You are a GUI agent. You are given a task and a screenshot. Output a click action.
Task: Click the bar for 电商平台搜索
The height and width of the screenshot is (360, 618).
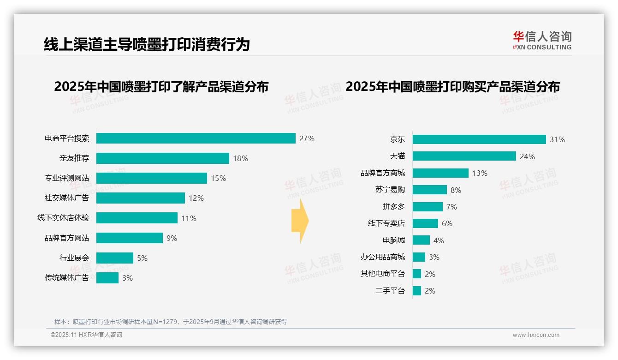(x=196, y=138)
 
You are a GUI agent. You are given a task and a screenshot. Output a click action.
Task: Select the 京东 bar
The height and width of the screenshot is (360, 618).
(x=479, y=139)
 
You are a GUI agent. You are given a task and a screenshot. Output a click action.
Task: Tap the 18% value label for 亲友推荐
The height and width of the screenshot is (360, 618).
(x=240, y=158)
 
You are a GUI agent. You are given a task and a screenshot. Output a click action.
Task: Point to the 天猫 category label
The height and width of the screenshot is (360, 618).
(x=397, y=156)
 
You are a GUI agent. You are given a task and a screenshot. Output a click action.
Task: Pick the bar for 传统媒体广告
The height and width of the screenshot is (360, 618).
(x=107, y=278)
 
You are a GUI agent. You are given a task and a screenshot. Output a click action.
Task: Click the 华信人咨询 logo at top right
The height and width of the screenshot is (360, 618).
(x=542, y=40)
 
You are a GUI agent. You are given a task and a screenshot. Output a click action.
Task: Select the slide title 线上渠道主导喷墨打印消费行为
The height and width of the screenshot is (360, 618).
(x=147, y=44)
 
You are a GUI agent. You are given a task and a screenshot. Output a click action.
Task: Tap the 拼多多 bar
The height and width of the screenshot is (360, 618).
(x=428, y=207)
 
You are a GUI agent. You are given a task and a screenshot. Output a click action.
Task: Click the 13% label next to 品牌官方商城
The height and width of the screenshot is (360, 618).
(x=480, y=173)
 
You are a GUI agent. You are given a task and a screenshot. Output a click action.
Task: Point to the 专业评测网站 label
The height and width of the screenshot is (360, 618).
(x=67, y=178)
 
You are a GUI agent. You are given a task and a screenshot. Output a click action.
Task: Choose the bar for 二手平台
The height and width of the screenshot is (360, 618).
(x=417, y=291)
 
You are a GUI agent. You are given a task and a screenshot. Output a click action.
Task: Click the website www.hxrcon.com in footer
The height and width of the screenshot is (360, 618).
(x=535, y=335)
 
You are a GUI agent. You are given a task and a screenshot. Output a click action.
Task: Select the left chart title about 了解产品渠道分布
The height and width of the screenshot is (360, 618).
(x=161, y=87)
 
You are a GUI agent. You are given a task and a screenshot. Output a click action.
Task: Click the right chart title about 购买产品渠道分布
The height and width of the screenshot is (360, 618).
(x=452, y=87)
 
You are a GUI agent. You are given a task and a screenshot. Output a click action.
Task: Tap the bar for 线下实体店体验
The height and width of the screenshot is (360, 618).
(x=137, y=218)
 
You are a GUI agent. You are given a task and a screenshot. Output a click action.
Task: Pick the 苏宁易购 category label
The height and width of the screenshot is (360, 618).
(x=390, y=190)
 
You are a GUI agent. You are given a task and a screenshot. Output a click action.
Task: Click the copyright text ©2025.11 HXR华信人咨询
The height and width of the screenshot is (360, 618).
(x=86, y=335)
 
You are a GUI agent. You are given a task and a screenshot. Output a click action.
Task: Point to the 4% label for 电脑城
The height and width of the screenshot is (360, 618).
(x=439, y=240)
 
